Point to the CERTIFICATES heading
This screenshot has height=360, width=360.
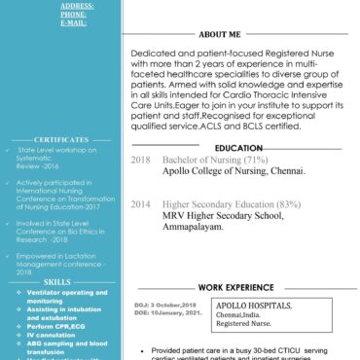pyautogui.click(x=60, y=139)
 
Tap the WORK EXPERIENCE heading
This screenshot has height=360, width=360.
pyautogui.click(x=236, y=288)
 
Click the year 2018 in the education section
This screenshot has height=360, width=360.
pyautogui.click(x=141, y=159)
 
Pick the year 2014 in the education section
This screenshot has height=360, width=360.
pyautogui.click(x=141, y=204)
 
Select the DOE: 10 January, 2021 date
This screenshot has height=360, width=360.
pyautogui.click(x=166, y=312)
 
